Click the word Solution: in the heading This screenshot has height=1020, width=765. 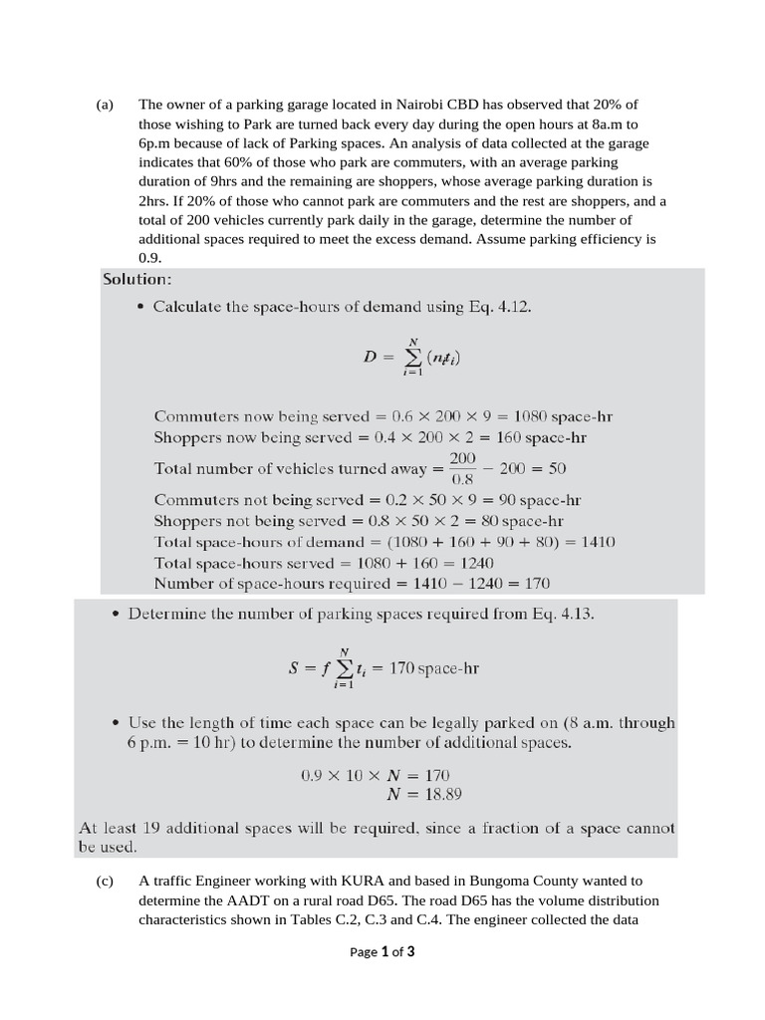coord(137,279)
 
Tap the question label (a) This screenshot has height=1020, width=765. coord(106,105)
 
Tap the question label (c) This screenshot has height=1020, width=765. coord(106,881)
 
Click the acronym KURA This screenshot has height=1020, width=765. coord(368,881)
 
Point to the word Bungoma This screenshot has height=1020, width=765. coord(484,881)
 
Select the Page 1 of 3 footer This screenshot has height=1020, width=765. coord(382,951)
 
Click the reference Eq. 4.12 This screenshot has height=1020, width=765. coord(500,307)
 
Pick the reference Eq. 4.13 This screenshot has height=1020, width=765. coord(562,615)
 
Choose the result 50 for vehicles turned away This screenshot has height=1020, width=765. coord(557,468)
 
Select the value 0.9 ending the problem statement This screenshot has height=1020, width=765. coord(149,257)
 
